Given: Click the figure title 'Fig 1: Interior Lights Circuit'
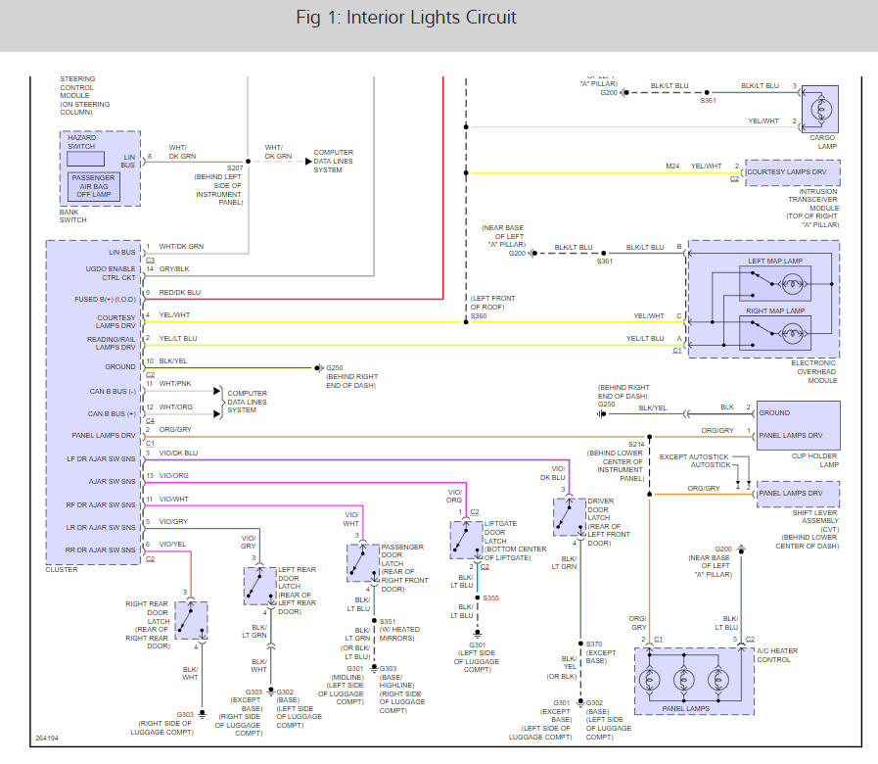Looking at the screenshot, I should click(x=405, y=19).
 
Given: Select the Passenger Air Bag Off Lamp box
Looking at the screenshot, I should click(x=93, y=186).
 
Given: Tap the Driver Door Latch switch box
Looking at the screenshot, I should click(x=568, y=516).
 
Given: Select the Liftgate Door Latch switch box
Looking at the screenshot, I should click(x=465, y=540).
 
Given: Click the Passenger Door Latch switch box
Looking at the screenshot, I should click(x=362, y=563).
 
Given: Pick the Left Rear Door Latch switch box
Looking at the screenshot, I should click(x=259, y=586).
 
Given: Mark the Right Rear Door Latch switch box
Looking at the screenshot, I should click(x=191, y=621).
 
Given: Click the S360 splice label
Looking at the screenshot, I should click(x=479, y=316).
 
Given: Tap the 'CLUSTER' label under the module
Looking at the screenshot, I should click(x=63, y=569).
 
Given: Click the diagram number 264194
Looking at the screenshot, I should click(x=47, y=738).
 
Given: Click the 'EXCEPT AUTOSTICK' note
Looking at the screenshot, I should click(x=695, y=456).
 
